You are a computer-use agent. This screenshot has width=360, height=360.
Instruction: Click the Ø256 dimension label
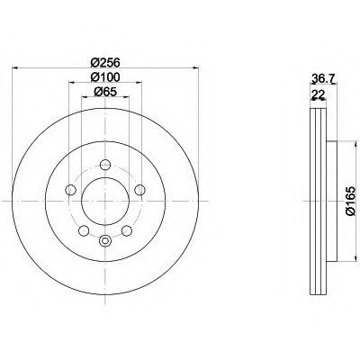coord(105,62)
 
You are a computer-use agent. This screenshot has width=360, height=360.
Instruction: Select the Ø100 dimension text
coord(105,76)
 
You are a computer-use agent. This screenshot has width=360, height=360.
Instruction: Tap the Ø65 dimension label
coord(105,92)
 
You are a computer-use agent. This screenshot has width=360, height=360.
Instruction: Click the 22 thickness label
coord(319,94)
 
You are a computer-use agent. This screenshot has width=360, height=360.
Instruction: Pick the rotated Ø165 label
coord(350,201)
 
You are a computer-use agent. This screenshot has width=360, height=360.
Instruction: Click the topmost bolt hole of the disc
coord(105,165)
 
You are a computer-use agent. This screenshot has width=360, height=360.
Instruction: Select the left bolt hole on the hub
coord(71,190)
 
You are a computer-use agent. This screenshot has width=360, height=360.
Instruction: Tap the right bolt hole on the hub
coord(139,190)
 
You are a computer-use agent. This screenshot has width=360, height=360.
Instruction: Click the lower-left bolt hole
coord(84,230)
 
